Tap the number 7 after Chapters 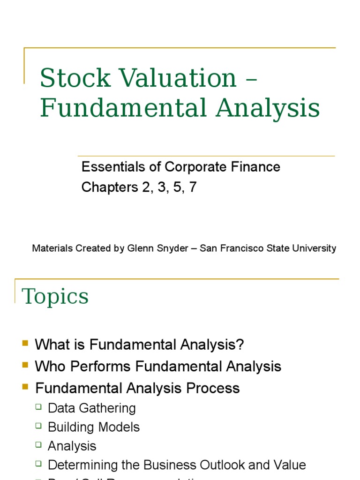[x=193, y=187]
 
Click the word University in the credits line [x=314, y=248]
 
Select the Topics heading [x=55, y=296]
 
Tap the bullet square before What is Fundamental [x=25, y=344]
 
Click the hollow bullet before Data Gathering [x=39, y=407]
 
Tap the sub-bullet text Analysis [x=72, y=446]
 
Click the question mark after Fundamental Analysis [x=240, y=345]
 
